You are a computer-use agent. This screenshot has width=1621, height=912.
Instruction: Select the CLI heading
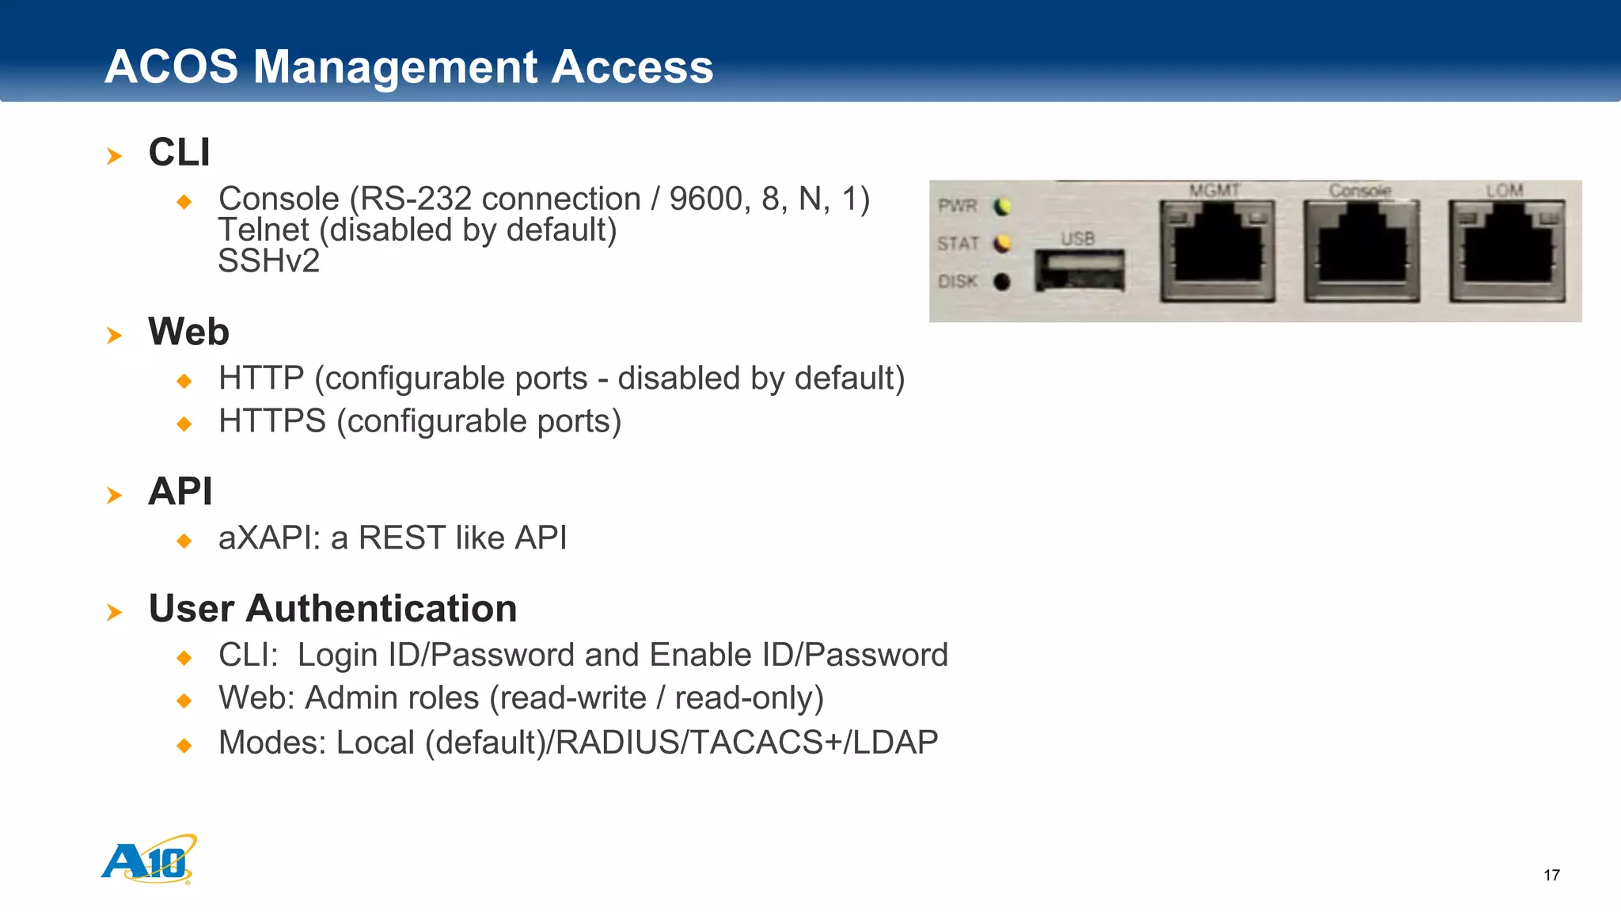[x=180, y=152]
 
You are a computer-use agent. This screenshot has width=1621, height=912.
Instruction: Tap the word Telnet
[x=264, y=230]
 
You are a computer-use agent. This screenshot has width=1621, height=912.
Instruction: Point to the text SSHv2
[x=268, y=261]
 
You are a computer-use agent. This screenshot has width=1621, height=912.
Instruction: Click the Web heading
[x=188, y=332]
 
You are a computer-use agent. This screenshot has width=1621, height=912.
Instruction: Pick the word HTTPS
[x=272, y=421]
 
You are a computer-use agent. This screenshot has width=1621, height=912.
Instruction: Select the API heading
[x=180, y=492]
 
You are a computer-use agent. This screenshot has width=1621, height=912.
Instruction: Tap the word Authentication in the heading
[x=382, y=609]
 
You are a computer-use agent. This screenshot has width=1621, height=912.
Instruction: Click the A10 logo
[x=149, y=861]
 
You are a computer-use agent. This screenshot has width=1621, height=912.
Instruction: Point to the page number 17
[x=1551, y=875]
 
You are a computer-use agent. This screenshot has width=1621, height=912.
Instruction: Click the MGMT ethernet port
[x=1217, y=249]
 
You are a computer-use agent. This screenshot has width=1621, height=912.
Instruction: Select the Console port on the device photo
[x=1361, y=249]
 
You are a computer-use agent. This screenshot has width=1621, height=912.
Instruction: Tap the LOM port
[x=1507, y=249]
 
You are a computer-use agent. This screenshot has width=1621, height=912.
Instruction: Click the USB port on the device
[x=1080, y=271]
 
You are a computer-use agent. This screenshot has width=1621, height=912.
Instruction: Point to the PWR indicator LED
[x=1002, y=207]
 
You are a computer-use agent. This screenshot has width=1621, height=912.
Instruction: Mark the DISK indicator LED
[x=1002, y=282]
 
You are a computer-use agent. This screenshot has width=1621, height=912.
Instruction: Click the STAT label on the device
[x=958, y=244]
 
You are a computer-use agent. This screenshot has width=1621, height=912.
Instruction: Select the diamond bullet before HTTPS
[x=184, y=424]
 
